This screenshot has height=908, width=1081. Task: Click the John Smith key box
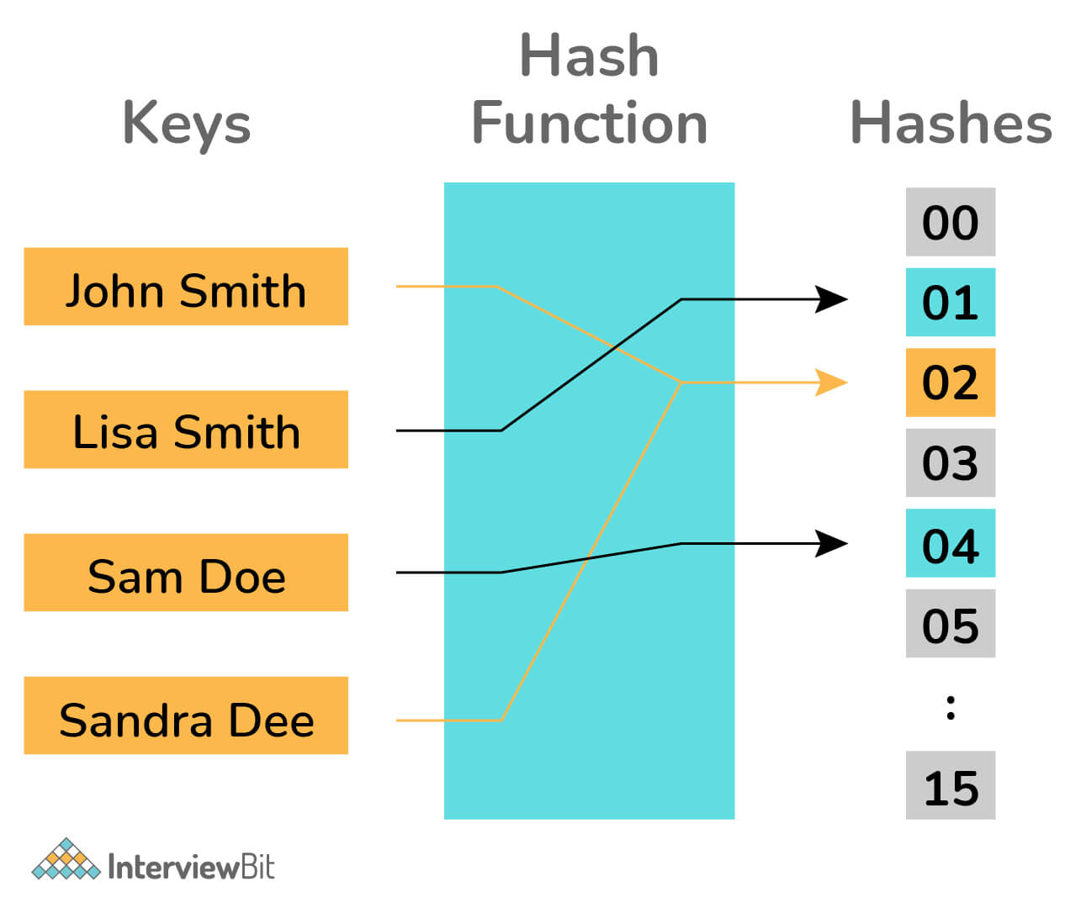pos(186,287)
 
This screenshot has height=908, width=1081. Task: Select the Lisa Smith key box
pos(186,430)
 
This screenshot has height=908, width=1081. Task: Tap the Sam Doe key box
pos(186,573)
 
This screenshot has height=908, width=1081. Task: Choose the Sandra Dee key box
pos(186,715)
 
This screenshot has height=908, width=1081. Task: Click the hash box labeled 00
pos(950,222)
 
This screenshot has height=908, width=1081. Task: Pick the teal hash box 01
pos(950,303)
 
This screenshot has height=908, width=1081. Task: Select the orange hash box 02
pos(950,383)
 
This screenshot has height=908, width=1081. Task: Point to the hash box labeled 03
pos(950,463)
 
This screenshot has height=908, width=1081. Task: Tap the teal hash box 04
pos(950,543)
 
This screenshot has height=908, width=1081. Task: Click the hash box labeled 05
pos(950,624)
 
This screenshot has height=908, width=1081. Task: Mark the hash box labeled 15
pos(950,786)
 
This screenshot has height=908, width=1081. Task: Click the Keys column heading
pos(187,124)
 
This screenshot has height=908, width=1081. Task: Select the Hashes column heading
pos(951,123)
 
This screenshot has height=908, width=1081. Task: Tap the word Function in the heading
pos(589,123)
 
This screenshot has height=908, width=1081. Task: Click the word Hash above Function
pos(589,55)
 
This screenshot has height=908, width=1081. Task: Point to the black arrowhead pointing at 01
pos(832,298)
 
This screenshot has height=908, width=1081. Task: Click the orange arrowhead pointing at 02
pos(832,383)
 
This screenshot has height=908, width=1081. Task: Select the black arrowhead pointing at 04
pos(832,543)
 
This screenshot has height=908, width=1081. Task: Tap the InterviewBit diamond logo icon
pos(66,859)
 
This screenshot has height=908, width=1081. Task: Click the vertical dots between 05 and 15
pos(951,707)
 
